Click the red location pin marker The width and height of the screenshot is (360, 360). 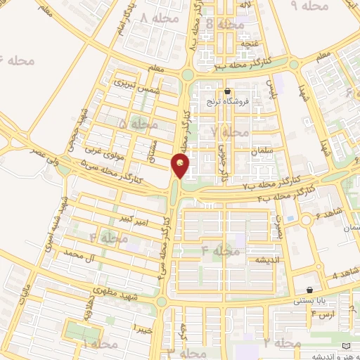(x=181, y=166)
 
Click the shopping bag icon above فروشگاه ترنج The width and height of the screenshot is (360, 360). (x=227, y=91)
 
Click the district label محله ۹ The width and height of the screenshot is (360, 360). (x=310, y=6)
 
